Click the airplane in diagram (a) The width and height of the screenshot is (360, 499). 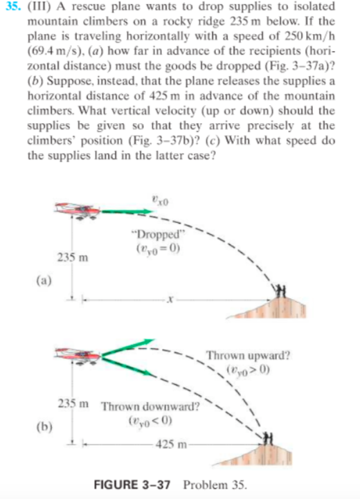point(78,210)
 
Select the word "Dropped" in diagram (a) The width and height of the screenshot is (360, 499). point(156,235)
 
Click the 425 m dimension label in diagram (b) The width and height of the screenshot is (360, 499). point(170,444)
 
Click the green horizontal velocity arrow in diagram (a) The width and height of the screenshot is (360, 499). point(138,210)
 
